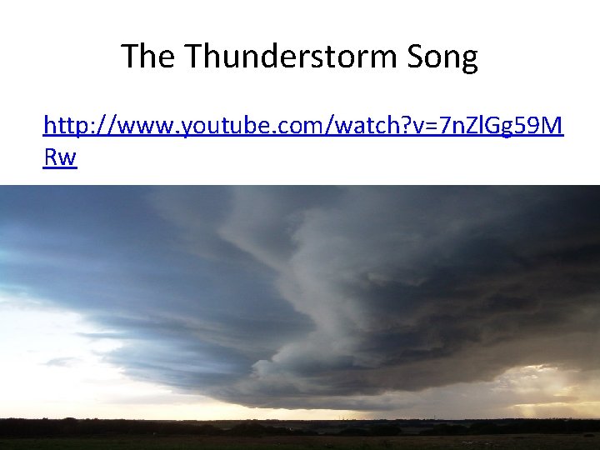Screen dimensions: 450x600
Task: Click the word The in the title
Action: pyautogui.click(x=150, y=57)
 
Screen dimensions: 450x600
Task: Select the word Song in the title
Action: pyautogui.click(x=443, y=57)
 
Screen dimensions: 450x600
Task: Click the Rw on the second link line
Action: pyautogui.click(x=60, y=157)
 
